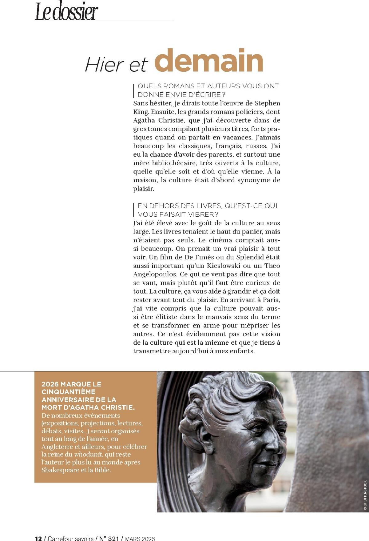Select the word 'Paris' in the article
coord(272,300)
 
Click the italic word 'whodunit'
coord(87,455)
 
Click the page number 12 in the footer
coord(38,538)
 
